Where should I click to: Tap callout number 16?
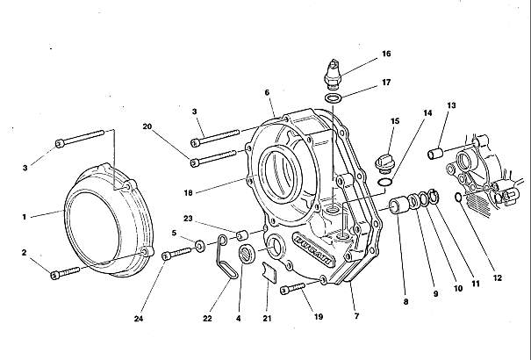386,54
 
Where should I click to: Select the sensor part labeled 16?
333,74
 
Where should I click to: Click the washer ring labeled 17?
334,98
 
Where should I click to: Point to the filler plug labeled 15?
383,164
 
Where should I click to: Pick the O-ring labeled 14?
385,182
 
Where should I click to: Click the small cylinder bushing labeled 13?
436,154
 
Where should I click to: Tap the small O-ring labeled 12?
458,197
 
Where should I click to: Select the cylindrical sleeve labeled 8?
398,206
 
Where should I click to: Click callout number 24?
138,319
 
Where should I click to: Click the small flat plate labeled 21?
269,272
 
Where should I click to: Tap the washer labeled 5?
199,246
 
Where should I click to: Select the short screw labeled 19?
292,289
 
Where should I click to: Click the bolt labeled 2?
65,273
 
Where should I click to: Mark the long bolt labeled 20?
213,158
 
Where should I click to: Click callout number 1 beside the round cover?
24,217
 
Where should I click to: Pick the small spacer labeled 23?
242,234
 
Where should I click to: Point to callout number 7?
356,316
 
